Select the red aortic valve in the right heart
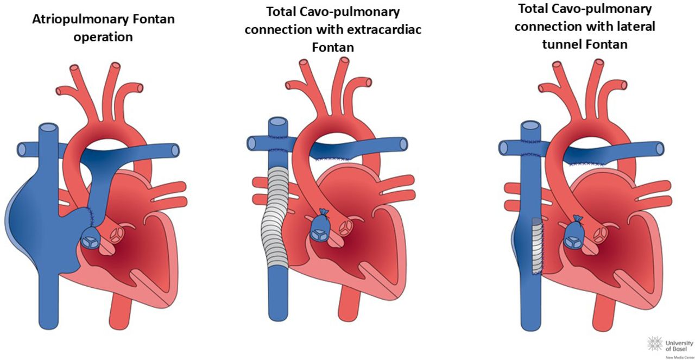602,234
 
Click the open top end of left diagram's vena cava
48,129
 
